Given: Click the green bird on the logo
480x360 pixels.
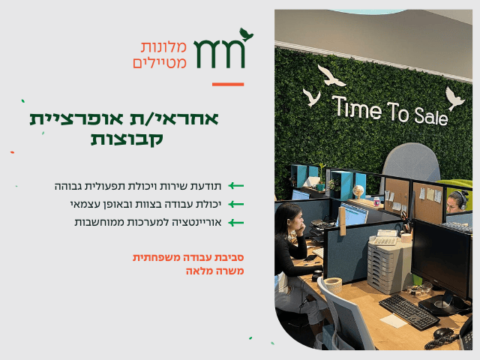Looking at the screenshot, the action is [x=246, y=34].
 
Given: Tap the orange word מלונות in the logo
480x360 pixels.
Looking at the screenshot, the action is [x=163, y=47].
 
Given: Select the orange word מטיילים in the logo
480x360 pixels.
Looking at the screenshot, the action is [x=160, y=62].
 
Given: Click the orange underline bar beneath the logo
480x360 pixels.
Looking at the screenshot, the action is [x=228, y=84].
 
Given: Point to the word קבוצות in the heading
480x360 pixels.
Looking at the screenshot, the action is [x=127, y=139].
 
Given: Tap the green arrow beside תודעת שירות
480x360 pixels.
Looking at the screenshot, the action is [x=236, y=186].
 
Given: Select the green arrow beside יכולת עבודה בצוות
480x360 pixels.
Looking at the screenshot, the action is [x=236, y=204].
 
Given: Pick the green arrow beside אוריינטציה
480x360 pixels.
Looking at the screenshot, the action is [x=236, y=223].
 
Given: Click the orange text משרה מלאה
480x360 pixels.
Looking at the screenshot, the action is [x=215, y=271].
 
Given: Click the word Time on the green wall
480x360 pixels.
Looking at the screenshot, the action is [x=357, y=107].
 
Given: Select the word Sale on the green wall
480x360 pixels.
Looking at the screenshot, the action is [x=431, y=117].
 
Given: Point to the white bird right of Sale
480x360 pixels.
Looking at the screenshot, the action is [x=454, y=98].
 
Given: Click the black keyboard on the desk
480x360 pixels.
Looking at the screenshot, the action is [x=409, y=311].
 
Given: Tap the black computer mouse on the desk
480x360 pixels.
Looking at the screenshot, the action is [x=443, y=333].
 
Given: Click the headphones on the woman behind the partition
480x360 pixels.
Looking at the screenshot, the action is [x=461, y=199].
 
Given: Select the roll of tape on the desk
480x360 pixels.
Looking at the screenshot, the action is [x=333, y=285].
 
